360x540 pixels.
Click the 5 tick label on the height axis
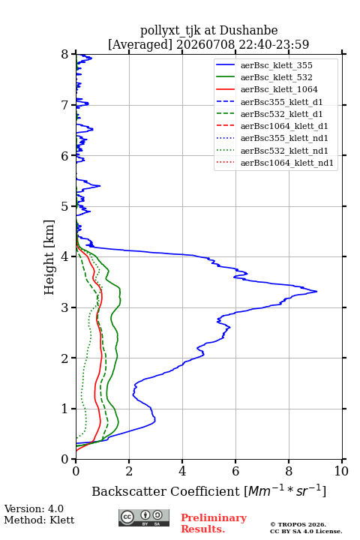click(x=65, y=207)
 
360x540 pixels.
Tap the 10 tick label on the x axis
click(x=341, y=471)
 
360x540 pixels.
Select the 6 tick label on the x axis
click(x=235, y=471)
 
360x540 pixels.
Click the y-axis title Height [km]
click(x=49, y=257)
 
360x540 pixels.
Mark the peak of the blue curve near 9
click(x=316, y=292)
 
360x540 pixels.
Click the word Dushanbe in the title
click(x=248, y=31)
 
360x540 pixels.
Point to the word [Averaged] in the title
click(x=139, y=44)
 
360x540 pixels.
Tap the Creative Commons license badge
click(x=144, y=518)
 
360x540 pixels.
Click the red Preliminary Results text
click(x=214, y=523)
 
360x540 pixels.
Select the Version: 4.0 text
click(x=34, y=508)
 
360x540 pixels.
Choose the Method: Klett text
click(x=39, y=520)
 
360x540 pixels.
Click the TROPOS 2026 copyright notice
click(x=298, y=524)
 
